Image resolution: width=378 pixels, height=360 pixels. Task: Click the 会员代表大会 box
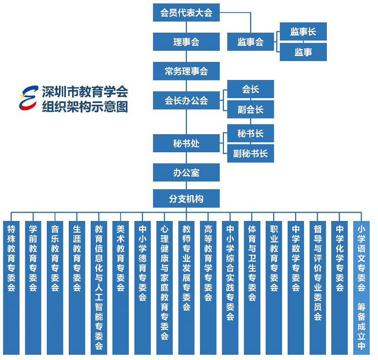click(x=186, y=13)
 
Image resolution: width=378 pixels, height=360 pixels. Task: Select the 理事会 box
click(x=186, y=42)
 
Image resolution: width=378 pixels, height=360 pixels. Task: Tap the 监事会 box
click(x=251, y=42)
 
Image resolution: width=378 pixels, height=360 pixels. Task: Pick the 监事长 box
click(x=303, y=32)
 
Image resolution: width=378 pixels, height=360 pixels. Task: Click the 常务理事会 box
click(x=186, y=71)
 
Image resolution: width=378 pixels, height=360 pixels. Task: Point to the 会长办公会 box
click(x=186, y=100)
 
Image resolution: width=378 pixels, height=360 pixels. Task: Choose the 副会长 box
click(x=251, y=110)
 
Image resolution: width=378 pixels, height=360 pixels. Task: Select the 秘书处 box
click(x=186, y=144)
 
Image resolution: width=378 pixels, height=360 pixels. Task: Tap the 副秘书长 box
click(x=251, y=154)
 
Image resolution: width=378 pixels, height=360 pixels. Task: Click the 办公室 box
click(x=186, y=173)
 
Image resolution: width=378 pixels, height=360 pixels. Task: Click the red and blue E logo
click(x=29, y=98)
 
